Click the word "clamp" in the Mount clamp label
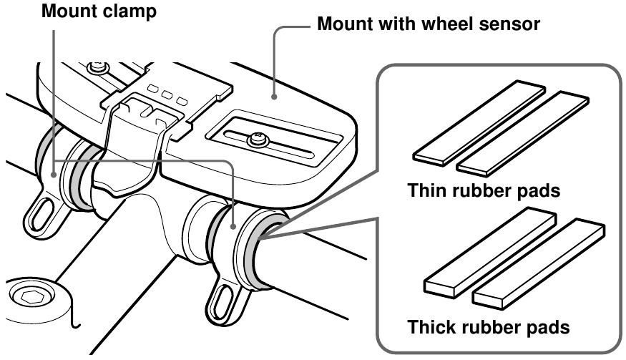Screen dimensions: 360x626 [x=127, y=12]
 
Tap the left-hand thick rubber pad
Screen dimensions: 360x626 [x=490, y=250]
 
